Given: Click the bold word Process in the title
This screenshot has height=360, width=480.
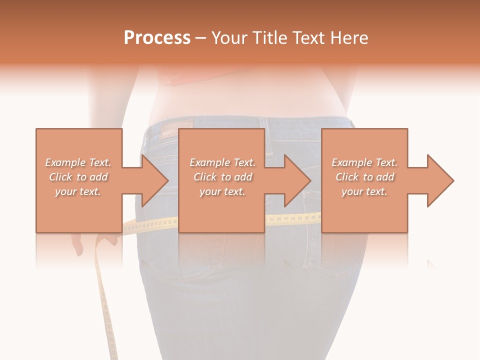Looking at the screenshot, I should (157, 38).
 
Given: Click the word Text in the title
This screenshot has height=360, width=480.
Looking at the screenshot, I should (307, 38).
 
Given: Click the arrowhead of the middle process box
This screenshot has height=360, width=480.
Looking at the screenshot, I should (297, 180).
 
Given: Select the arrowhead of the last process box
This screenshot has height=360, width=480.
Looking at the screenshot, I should (440, 180).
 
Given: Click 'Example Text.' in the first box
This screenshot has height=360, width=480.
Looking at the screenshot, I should (78, 162).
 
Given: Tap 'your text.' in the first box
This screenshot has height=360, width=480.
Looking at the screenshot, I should (78, 191).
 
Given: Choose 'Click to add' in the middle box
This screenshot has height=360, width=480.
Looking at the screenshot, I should (222, 177).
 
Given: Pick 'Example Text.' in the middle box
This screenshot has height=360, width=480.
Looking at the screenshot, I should (222, 162).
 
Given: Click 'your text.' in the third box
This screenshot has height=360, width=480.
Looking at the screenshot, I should (364, 191).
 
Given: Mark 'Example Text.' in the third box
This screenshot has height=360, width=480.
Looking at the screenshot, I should (364, 162).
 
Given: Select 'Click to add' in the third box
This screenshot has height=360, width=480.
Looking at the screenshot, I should (364, 177).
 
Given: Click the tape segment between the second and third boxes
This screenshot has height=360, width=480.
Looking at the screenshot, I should (292, 218).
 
